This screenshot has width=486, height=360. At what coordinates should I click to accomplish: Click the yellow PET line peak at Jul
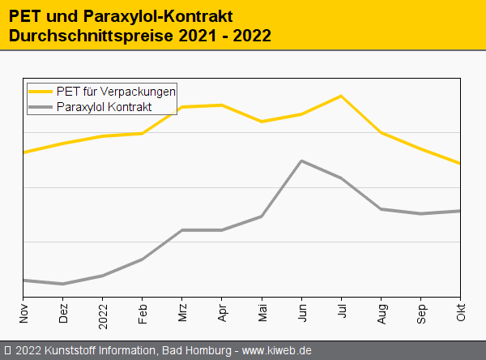(341, 96)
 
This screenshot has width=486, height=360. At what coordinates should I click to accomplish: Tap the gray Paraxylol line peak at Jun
(301, 161)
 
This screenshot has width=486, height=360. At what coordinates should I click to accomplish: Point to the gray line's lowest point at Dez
(63, 284)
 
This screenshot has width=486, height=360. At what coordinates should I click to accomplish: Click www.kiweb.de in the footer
(277, 351)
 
